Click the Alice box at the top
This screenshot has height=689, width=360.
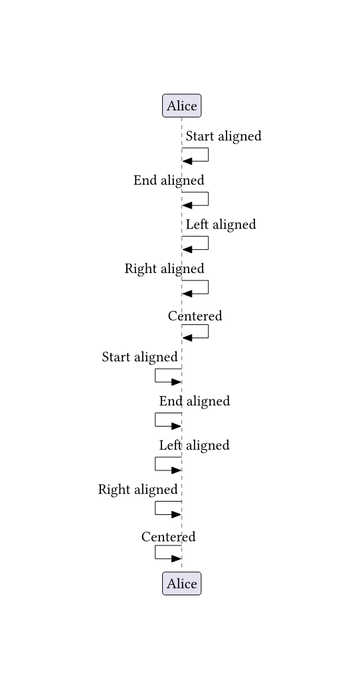pos(182,106)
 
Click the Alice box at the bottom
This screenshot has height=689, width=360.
pos(182,583)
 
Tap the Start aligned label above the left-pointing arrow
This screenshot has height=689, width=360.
pos(223,136)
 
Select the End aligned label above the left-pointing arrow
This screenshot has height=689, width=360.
pos(169,180)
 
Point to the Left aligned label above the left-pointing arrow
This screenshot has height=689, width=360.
pos(221,225)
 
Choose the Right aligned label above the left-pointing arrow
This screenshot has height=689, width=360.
pos(165,268)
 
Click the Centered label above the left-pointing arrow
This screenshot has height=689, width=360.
pos(195,316)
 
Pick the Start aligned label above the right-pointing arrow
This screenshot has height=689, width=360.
pos(139,357)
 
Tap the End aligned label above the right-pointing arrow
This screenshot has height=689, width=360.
pos(195,401)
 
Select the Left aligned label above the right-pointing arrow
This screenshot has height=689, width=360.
pos(194,445)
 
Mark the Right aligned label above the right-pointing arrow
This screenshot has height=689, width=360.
pos(138,490)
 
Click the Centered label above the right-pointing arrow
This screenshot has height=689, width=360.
pos(168,537)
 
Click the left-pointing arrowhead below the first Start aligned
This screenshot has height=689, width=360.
pos(187,161)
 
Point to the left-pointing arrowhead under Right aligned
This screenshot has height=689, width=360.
pos(187,294)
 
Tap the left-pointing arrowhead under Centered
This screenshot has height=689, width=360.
pos(187,338)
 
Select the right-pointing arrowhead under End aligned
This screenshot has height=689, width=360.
pos(176,427)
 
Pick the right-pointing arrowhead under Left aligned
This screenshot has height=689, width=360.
pos(176,470)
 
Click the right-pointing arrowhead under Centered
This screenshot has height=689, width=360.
pos(176,559)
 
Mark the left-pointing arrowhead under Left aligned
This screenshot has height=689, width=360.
pos(187,250)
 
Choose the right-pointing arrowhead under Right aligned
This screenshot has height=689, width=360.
pos(176,514)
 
